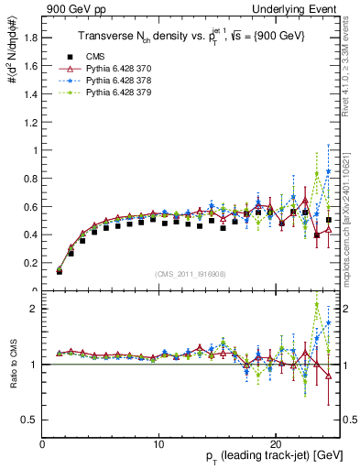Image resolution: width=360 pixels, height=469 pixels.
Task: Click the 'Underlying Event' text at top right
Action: (x=303, y=9)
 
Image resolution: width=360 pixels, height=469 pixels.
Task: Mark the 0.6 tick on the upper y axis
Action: (x=32, y=207)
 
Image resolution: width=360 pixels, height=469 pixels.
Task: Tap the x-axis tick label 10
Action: (x=159, y=443)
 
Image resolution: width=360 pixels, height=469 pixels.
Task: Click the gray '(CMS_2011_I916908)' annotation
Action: (x=191, y=273)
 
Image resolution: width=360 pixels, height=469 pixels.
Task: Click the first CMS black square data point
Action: (x=60, y=272)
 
